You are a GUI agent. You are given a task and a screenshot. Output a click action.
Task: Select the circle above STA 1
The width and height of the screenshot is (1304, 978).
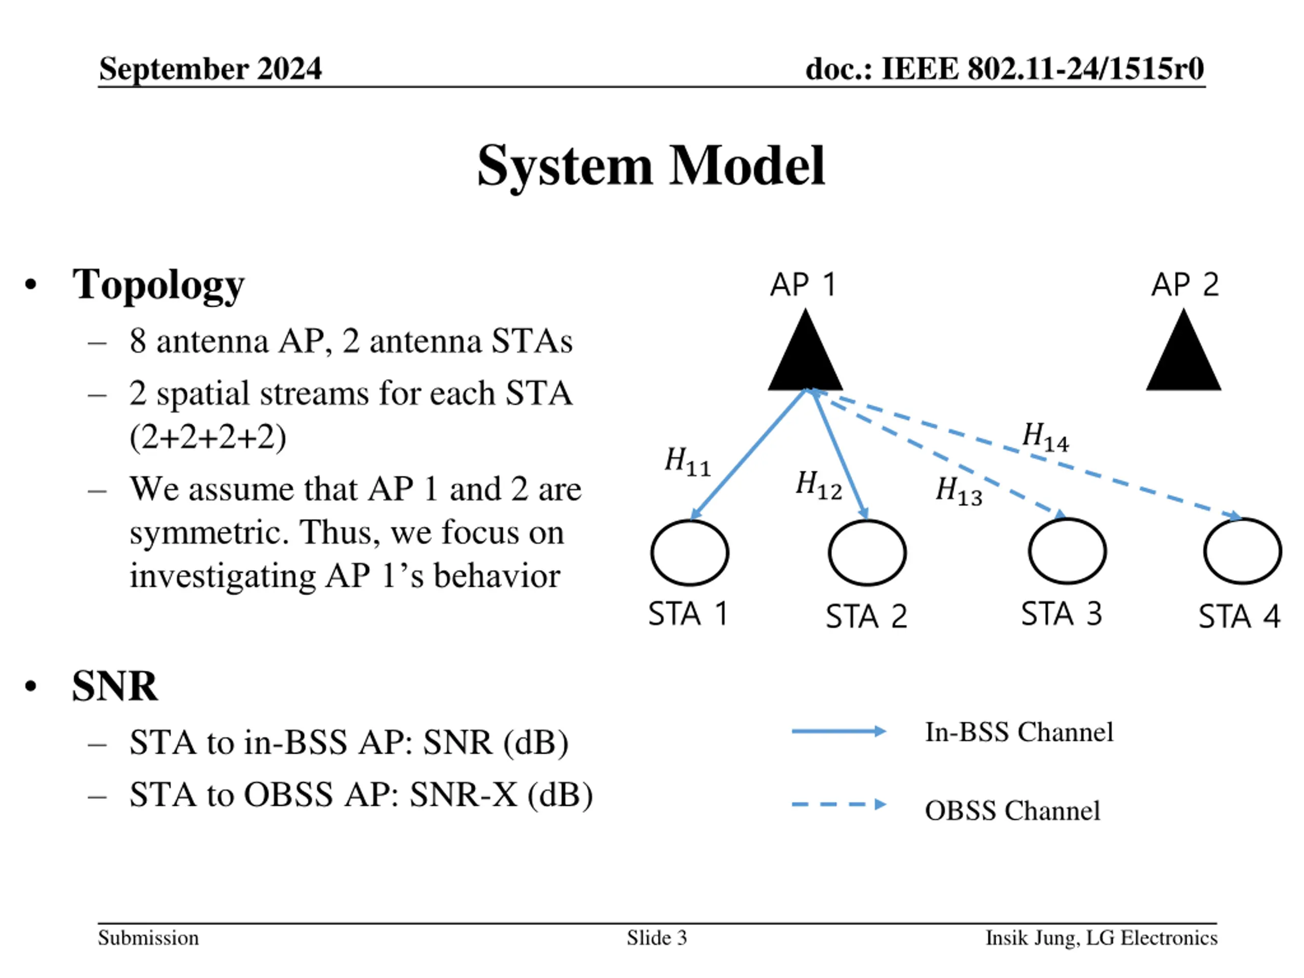(x=690, y=552)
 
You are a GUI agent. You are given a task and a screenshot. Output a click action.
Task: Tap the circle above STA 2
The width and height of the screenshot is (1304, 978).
(x=867, y=552)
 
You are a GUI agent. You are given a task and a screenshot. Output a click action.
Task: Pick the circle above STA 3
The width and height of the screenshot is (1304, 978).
(x=1067, y=551)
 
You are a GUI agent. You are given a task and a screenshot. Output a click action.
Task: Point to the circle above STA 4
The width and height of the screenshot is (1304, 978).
(x=1243, y=551)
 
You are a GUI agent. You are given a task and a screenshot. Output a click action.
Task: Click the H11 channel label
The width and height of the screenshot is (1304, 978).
(x=687, y=461)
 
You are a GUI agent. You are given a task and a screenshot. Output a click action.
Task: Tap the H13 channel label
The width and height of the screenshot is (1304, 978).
(x=959, y=491)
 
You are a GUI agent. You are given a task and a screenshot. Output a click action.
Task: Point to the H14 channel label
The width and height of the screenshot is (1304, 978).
(x=1045, y=437)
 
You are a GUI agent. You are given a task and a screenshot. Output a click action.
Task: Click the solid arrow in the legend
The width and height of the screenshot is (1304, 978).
(x=838, y=731)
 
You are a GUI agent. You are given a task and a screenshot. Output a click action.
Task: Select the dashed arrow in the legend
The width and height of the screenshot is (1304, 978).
(x=838, y=804)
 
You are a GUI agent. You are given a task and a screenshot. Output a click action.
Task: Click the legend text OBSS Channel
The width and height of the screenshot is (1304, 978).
(x=1012, y=810)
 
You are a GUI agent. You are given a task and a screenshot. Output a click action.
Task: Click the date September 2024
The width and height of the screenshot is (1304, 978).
(x=210, y=68)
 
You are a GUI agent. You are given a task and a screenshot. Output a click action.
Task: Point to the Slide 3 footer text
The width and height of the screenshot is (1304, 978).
(x=657, y=937)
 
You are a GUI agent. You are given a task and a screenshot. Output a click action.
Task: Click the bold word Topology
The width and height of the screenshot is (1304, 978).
(x=158, y=285)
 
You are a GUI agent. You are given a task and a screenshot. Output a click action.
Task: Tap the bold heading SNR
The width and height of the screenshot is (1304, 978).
(x=115, y=686)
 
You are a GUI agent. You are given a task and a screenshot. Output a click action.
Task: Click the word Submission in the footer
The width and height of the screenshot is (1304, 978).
(x=149, y=937)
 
